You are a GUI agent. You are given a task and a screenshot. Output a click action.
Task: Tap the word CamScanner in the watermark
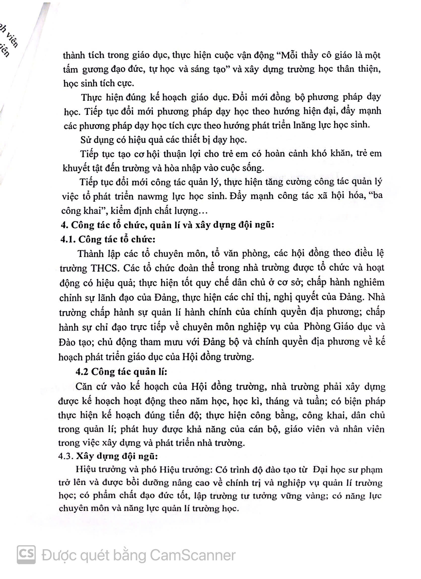pyautogui.click(x=192, y=556)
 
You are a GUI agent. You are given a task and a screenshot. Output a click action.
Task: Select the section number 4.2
pyautogui.click(x=82, y=371)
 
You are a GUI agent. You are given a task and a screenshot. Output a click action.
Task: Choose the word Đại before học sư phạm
pyautogui.click(x=321, y=470)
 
